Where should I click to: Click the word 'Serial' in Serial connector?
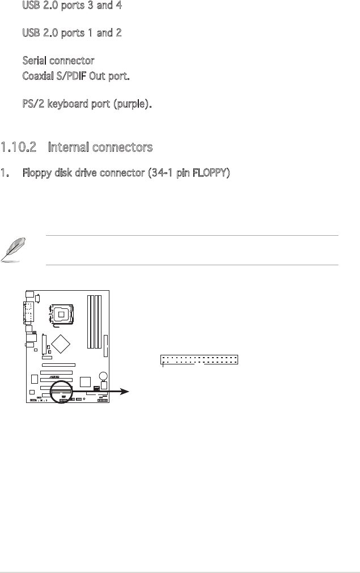pos(34,60)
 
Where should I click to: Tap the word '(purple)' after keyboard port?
pos(134,105)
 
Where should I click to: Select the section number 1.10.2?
pos(19,148)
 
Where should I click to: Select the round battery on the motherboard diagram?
pos(102,376)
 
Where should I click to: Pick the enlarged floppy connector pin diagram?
pos(200,360)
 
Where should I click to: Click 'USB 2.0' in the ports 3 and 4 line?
pos(41,6)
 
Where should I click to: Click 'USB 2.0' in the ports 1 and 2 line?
pos(41,33)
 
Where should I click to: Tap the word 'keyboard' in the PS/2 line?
pos(64,105)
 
